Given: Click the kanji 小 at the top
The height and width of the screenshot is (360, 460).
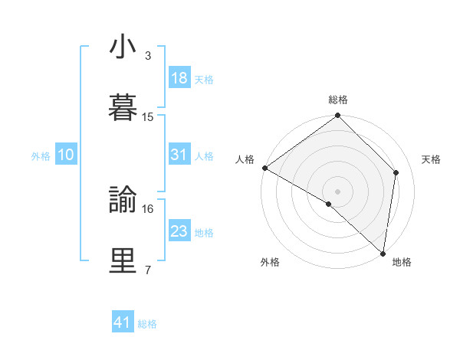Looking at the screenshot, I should pos(123,47).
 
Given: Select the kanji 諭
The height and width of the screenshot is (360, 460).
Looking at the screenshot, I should pos(123,200).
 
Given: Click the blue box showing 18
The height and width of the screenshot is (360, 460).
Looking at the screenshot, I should pos(179,78).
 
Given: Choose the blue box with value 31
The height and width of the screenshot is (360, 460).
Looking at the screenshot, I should pos(179,155).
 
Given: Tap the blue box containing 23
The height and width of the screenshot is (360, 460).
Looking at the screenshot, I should pos(179,231).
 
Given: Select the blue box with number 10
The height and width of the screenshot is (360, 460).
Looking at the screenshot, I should pos(66,155).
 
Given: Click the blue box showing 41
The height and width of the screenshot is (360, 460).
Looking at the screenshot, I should pos(123,322).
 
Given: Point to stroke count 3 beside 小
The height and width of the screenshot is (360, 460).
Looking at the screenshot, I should pos(148,56).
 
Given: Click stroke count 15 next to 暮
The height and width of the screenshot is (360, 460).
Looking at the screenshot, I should pos(148,117).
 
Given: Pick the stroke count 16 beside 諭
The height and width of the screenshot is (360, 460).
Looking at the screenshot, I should pos(148,208).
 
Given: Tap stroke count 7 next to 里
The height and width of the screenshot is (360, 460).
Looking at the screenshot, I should pos(148,270).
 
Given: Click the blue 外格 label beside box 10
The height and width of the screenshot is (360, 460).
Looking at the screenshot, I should pos(41,155).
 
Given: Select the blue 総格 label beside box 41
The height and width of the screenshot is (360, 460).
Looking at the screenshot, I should pos(147,324).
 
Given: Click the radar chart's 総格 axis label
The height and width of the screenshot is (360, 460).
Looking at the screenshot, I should pos(338,100).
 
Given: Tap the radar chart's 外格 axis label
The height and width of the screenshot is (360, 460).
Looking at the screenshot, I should pos(270,263).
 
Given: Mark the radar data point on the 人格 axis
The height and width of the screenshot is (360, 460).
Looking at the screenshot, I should pos(264,168).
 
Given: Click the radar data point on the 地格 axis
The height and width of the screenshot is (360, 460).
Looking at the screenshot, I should pos(383,254).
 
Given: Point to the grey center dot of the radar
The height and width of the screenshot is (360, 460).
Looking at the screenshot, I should pos(337,191).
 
